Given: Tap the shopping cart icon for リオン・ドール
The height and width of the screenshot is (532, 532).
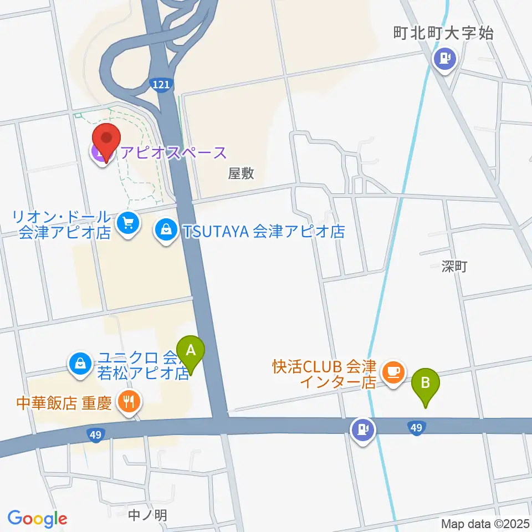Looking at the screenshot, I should [129, 223].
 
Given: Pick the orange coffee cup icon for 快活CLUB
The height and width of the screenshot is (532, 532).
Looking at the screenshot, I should [393, 371].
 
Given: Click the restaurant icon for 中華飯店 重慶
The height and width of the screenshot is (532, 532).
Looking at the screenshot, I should [130, 401].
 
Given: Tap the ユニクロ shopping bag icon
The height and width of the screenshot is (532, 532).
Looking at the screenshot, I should [80, 364].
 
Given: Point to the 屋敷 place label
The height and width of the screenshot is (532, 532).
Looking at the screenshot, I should [241, 173].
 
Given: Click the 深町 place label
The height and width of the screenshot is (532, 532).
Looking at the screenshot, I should [456, 267].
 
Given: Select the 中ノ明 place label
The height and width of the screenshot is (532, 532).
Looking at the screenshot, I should [147, 515].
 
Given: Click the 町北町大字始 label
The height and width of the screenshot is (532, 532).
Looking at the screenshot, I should [443, 33].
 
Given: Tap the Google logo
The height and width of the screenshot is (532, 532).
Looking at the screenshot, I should [37, 519].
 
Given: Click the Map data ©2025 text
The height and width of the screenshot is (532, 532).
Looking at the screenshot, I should [485, 524].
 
